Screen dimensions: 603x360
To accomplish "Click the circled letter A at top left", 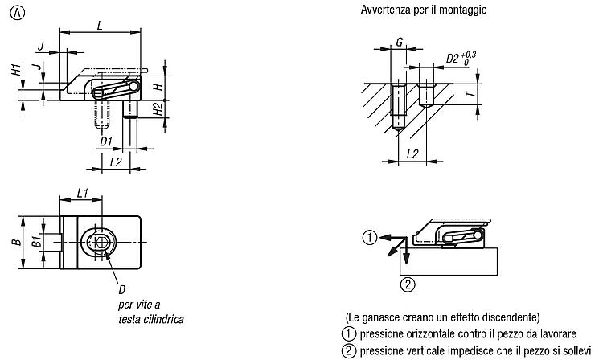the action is coord(18,14).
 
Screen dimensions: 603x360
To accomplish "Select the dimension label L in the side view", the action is coord(100,27).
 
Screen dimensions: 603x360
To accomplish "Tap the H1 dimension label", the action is coord(16,70).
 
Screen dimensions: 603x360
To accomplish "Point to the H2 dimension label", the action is coord(158,109).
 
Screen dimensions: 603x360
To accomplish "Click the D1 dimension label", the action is coord(106,141).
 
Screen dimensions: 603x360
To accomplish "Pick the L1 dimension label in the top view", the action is coord(83,193).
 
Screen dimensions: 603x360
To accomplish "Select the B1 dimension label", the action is coord(37,242).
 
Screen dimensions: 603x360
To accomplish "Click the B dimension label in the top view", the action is coord(17,242).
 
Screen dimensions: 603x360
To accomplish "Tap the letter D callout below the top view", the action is coord(122,289).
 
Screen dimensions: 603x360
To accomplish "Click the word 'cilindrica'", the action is coord(163,319).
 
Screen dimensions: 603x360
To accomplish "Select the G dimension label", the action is coord(400,42).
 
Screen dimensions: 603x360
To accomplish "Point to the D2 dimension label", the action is coord(453,59).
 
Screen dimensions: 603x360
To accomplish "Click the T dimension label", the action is coord(470,93).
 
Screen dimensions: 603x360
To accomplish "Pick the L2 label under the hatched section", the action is coord(412,154).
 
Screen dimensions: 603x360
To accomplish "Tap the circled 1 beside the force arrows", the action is coord(370,237).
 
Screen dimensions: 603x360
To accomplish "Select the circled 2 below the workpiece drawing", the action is coord(408,284).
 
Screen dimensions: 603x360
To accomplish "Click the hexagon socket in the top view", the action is coord(100,242).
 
